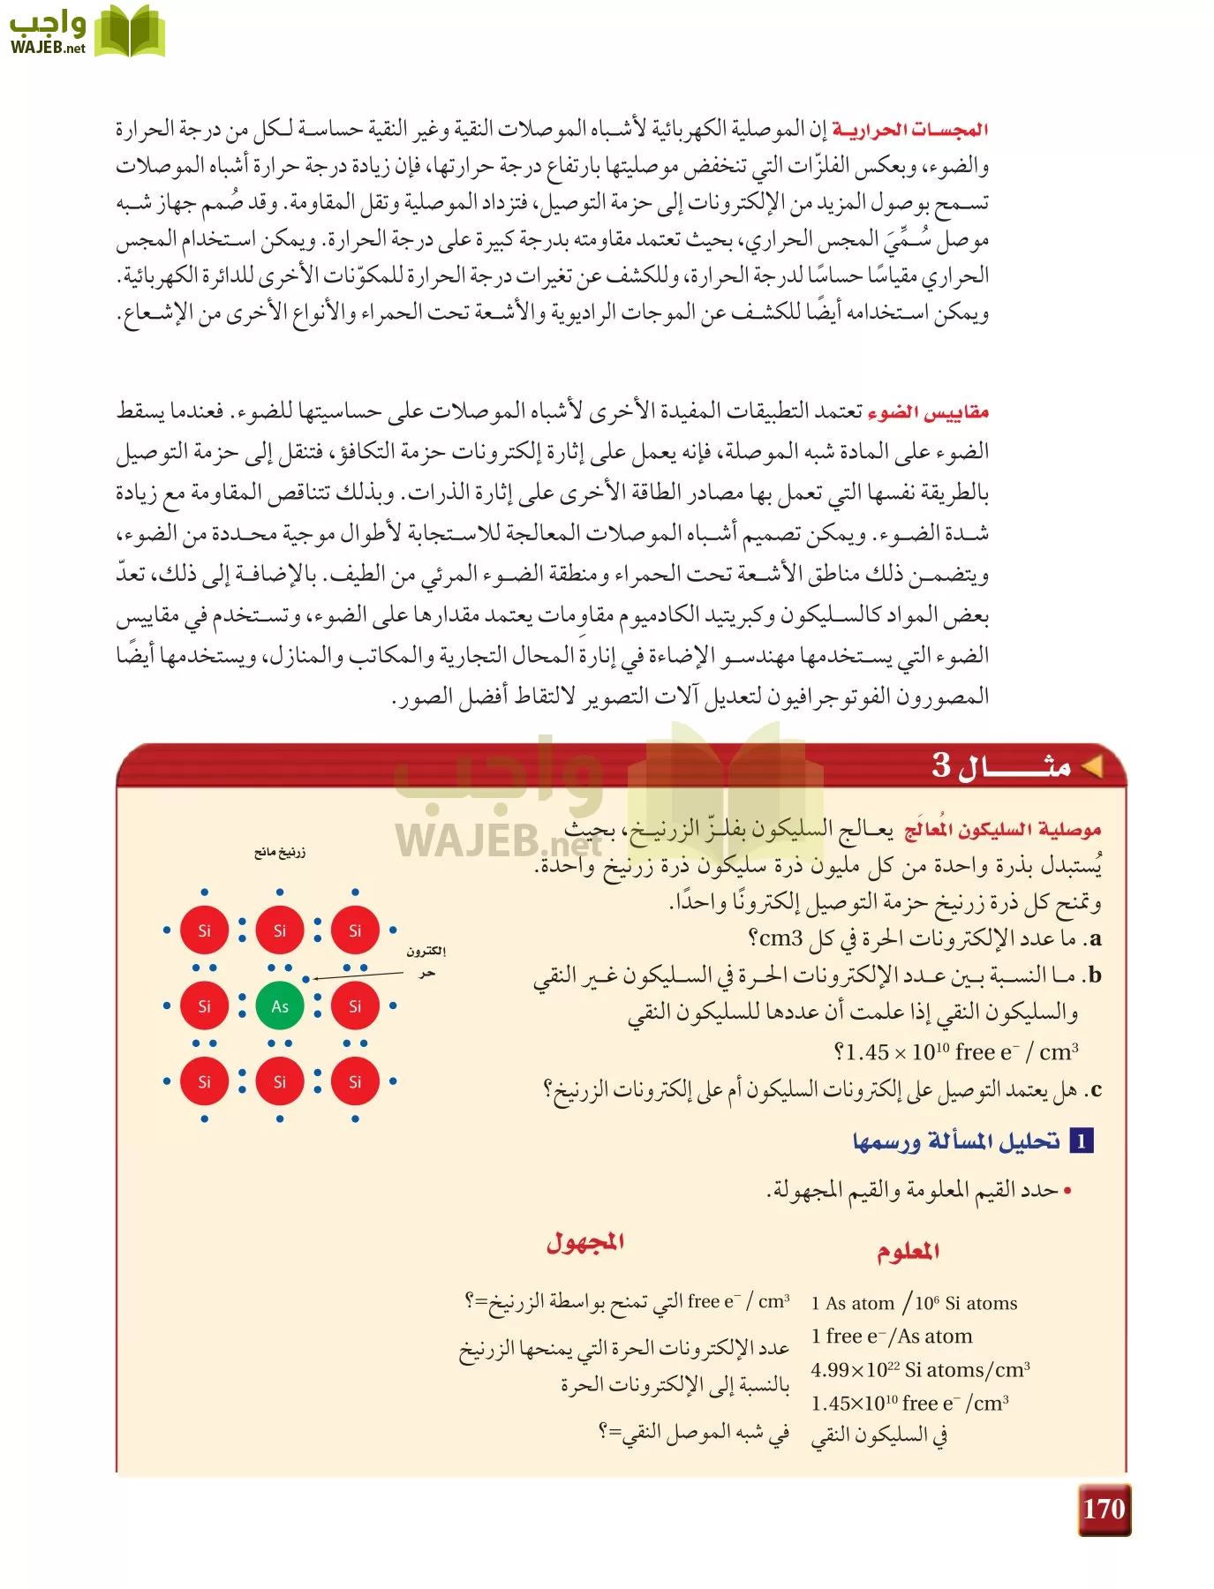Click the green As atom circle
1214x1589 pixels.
(280, 1006)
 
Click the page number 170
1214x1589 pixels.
(1104, 1509)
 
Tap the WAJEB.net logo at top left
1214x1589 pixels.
(87, 31)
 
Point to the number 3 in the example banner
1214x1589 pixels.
(942, 764)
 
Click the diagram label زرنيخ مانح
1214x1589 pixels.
(280, 852)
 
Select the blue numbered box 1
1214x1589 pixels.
(1082, 1141)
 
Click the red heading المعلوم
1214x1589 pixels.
(908, 1251)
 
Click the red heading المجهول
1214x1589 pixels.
(585, 1242)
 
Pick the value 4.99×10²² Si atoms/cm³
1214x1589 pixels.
(920, 1369)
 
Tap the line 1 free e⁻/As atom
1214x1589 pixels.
(892, 1337)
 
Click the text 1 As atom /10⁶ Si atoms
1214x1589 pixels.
(914, 1303)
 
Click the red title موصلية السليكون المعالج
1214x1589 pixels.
(1003, 830)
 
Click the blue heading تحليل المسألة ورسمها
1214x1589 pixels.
(956, 1141)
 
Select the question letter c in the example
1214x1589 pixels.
(1096, 1089)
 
